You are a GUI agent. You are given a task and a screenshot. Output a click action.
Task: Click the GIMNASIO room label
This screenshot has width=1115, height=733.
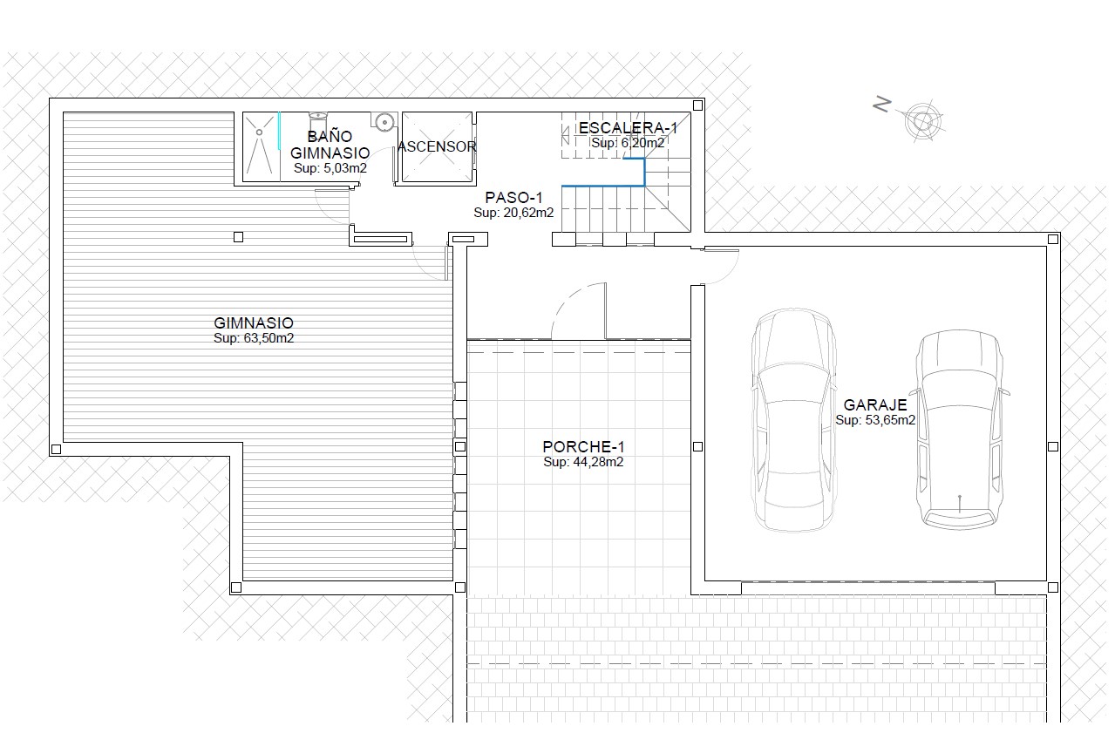point(254,323)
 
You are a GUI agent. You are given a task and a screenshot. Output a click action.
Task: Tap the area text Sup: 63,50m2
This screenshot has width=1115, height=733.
point(254,338)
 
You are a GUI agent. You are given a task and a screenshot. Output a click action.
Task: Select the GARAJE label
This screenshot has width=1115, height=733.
point(875,404)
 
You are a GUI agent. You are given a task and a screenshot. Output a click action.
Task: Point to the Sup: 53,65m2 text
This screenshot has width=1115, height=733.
point(875,420)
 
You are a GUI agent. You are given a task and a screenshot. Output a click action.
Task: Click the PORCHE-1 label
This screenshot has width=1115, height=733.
point(583,446)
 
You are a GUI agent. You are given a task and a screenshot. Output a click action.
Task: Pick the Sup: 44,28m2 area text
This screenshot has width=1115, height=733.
point(583,462)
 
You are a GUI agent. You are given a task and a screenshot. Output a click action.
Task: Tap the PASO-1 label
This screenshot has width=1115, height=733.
point(513,198)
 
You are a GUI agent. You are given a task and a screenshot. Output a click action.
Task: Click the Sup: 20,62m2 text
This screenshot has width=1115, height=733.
point(513,213)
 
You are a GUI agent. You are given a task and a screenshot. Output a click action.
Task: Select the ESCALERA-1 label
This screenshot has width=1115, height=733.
point(629,128)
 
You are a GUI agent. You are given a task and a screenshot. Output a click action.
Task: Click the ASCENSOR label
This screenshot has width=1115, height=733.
point(437,146)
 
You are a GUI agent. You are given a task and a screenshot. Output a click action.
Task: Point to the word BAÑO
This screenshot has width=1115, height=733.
point(330,136)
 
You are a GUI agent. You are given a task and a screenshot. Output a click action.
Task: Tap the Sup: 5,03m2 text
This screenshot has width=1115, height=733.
point(330,168)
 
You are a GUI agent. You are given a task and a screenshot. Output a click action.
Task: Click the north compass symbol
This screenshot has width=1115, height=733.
point(922,121)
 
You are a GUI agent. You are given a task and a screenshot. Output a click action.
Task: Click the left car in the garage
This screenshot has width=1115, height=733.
point(793,420)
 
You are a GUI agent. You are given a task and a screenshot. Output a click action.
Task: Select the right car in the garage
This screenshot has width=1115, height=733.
point(960,430)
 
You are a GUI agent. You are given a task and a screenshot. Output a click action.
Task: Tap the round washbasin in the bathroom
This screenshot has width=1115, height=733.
point(384,122)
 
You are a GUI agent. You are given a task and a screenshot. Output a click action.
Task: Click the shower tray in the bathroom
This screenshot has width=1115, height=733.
point(261,146)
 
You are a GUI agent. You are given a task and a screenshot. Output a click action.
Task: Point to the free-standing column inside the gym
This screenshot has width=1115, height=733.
point(239,237)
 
